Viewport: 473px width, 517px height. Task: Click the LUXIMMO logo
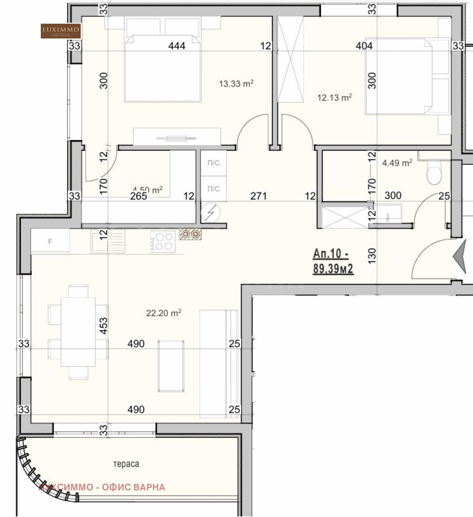tap(61, 31)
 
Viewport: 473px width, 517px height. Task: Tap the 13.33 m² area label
tap(236, 83)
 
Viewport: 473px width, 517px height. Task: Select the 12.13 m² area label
tap(334, 97)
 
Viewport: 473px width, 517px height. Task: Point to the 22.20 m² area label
tap(163, 313)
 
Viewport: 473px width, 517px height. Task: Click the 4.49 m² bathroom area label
tap(397, 163)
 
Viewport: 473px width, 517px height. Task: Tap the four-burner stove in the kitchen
tap(162, 241)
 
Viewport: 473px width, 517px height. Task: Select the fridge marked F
tap(50, 241)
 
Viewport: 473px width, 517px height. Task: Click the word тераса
tap(126, 464)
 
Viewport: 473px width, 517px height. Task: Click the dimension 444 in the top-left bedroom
tap(176, 46)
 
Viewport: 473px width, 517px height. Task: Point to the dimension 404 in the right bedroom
tap(364, 46)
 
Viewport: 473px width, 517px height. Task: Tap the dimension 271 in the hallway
tap(258, 196)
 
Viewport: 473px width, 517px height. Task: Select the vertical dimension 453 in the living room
tap(104, 326)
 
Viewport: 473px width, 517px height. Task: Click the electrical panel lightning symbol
tap(210, 212)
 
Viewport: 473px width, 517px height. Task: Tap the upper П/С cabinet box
tap(213, 163)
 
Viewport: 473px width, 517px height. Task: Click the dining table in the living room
tap(78, 332)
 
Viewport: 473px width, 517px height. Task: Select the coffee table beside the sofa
tap(171, 366)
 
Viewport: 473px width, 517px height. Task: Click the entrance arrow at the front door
tap(461, 257)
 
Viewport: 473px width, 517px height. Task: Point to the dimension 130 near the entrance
tap(372, 256)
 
